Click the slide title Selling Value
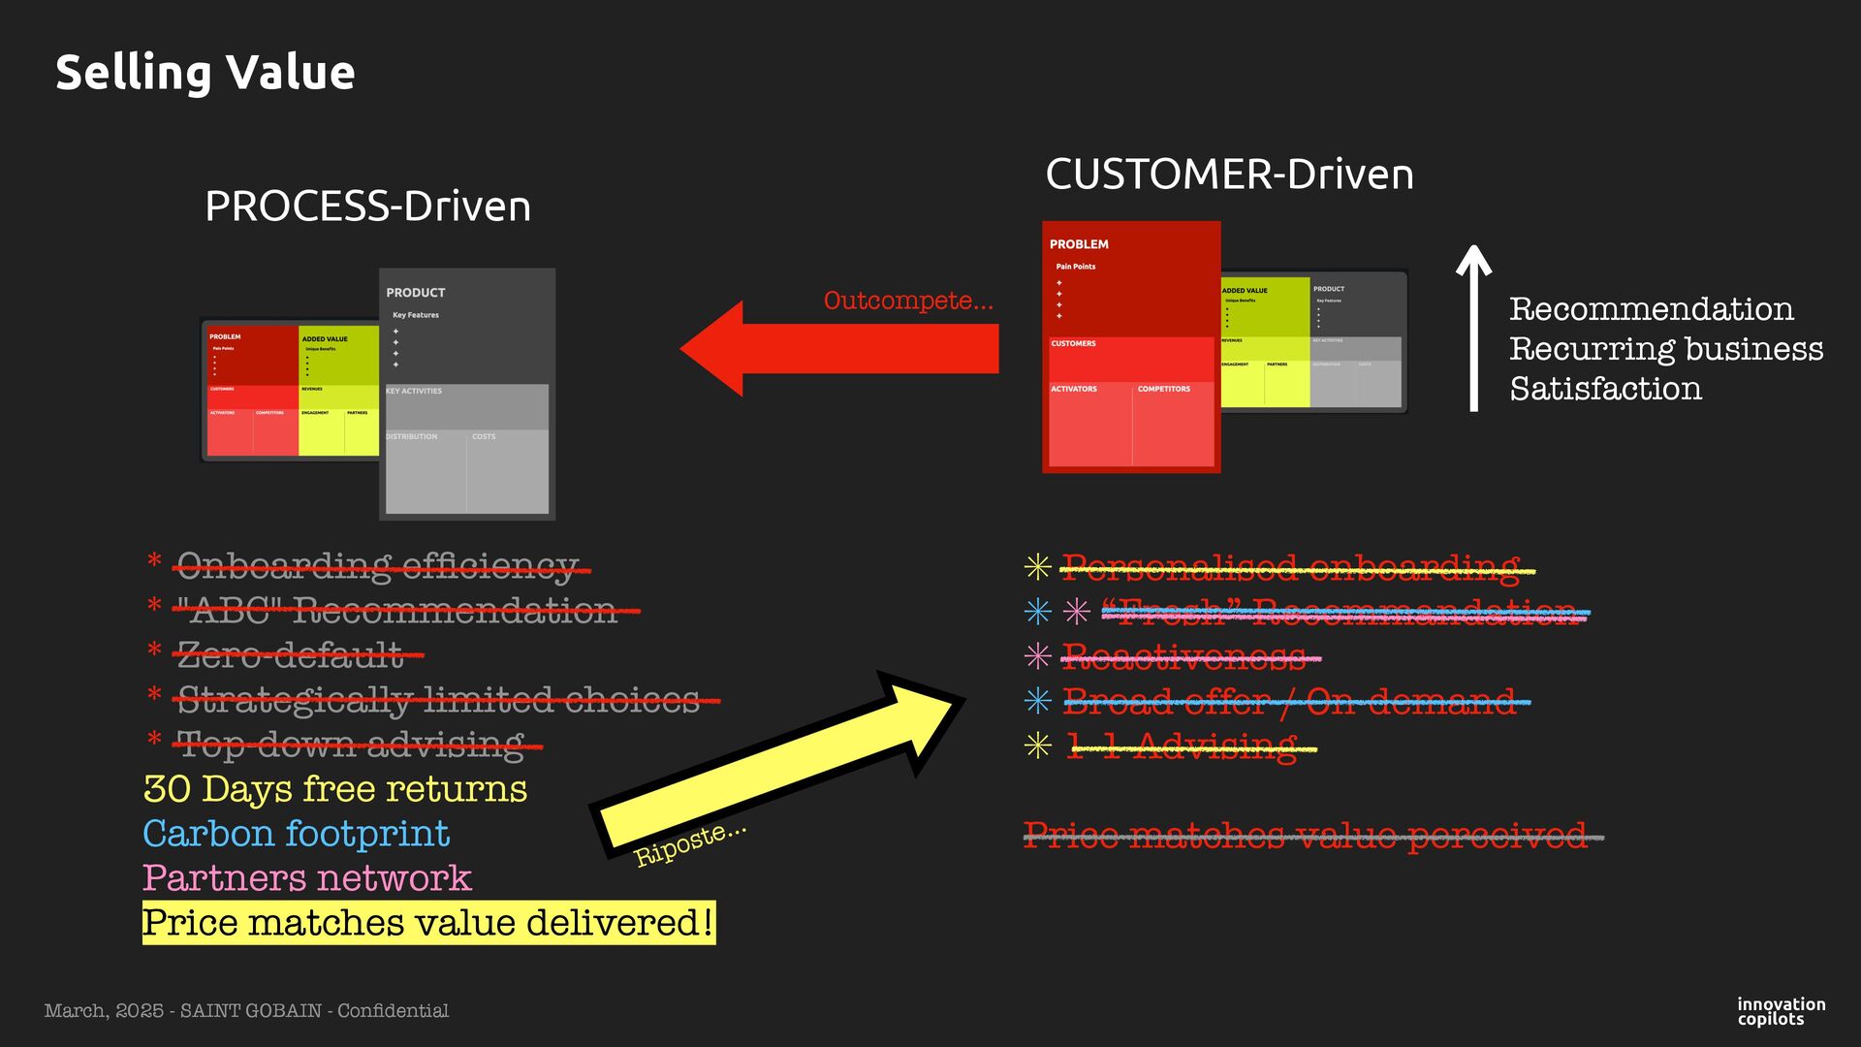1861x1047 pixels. click(x=205, y=73)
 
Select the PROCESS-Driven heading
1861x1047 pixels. click(x=367, y=206)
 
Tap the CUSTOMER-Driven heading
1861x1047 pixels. click(x=1229, y=174)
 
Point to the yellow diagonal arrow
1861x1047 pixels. click(x=775, y=766)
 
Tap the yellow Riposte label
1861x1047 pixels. click(x=689, y=843)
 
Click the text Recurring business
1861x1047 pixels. click(x=1665, y=349)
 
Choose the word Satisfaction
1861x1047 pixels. click(x=1605, y=389)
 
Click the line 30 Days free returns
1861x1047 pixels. click(x=334, y=789)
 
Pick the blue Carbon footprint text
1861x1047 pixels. click(x=296, y=834)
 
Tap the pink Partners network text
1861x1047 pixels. click(x=306, y=878)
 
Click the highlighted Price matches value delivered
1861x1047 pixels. click(x=427, y=923)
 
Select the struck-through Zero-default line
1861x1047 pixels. click(x=290, y=655)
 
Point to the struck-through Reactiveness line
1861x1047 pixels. click(x=1183, y=658)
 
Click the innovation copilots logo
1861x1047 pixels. click(x=1781, y=1011)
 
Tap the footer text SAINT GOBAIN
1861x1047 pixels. click(x=250, y=1011)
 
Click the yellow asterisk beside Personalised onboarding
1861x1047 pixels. click(x=1037, y=567)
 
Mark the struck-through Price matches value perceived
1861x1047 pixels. click(x=1305, y=836)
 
